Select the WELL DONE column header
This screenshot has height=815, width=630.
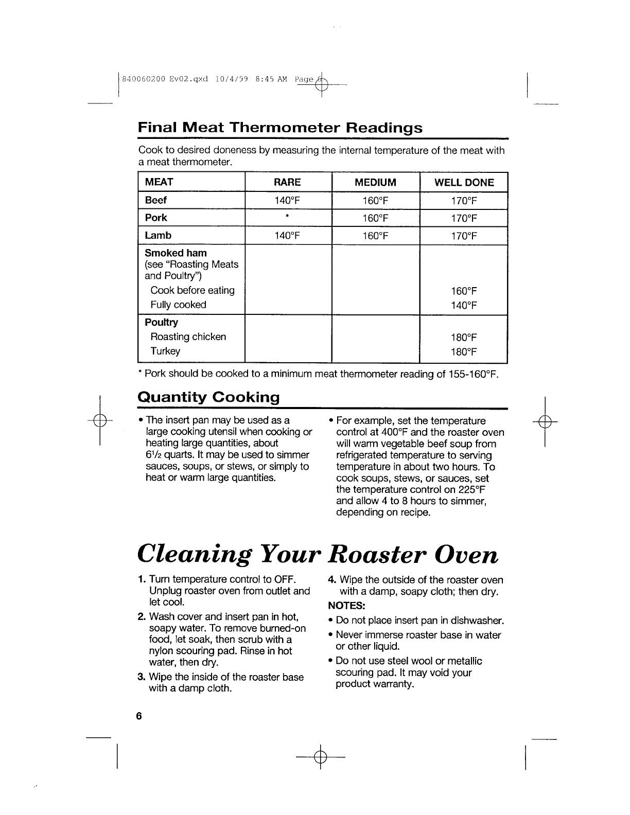pos(464,183)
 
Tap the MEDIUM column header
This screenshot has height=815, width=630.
pos(376,183)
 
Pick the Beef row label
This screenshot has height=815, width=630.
pos(155,201)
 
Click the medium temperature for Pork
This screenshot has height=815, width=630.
pos(375,219)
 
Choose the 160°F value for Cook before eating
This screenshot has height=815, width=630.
pos(464,291)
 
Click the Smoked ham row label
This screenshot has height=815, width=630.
pos(176,253)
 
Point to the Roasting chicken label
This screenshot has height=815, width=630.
pos(188,337)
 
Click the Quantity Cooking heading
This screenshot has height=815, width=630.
pos(208,398)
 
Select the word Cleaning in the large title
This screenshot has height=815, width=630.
pos(195,555)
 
